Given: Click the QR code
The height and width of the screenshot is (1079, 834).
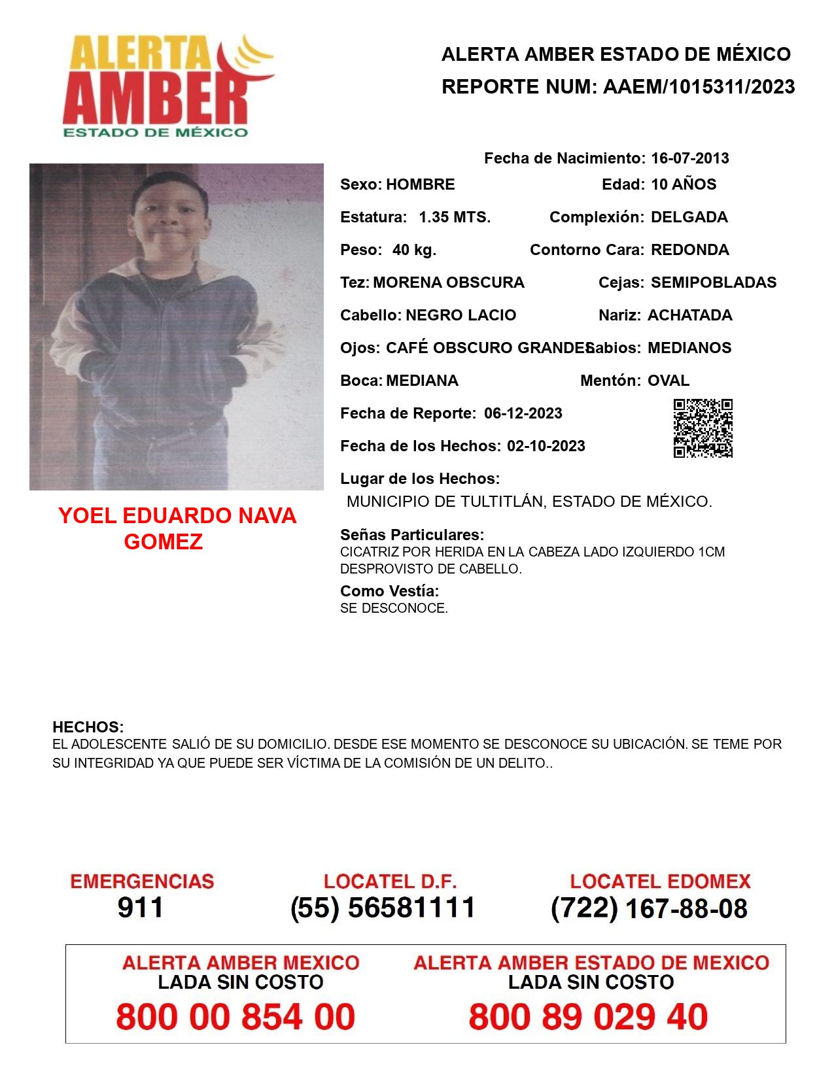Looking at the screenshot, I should (703, 428).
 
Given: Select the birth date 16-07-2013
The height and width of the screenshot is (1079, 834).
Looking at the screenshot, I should (689, 158).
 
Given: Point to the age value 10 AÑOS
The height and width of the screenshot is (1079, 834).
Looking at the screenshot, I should (683, 184).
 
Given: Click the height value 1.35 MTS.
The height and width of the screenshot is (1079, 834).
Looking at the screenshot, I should (454, 217).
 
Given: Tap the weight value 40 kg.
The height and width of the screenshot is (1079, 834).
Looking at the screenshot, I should (414, 250).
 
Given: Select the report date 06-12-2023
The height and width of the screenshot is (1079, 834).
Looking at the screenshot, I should (523, 413).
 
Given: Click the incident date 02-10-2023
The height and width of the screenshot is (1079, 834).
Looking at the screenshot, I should (546, 446).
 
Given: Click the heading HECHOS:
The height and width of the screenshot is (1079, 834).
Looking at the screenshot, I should (88, 727).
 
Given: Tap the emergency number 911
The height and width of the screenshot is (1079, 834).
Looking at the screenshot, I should (141, 908).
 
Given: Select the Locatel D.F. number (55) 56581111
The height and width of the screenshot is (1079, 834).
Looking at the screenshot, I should (383, 908).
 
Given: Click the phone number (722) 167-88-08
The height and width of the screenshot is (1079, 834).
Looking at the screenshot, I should (649, 908).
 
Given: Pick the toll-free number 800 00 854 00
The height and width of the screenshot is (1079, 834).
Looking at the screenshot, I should (235, 1017).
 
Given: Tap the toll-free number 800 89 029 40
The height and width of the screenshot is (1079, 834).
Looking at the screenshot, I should (588, 1017).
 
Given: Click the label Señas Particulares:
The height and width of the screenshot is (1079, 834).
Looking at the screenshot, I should (412, 535).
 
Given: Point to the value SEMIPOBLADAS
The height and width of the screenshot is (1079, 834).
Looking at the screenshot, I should (714, 283).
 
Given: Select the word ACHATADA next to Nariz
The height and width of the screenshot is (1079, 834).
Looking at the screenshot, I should (689, 315).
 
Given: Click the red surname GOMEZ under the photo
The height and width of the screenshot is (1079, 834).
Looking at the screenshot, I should (163, 541).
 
